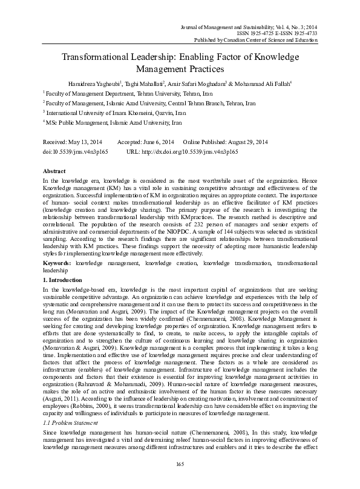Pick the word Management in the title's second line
pyautogui.click(x=157, y=69)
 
